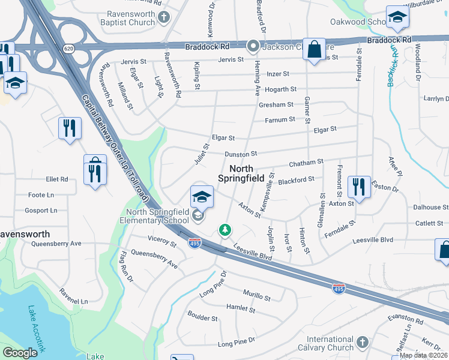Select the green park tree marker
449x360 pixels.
pos(224,230)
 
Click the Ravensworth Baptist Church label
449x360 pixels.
pos(131,19)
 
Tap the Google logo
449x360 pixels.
pos(20,353)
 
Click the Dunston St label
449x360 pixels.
pos(241,154)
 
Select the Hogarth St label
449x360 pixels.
pos(280,89)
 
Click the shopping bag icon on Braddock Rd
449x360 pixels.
pos(314,49)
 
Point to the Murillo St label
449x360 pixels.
pos(256,297)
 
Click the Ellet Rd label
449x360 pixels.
pos(57,179)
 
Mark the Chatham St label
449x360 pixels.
pos(306,162)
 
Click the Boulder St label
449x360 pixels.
pos(202,317)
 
